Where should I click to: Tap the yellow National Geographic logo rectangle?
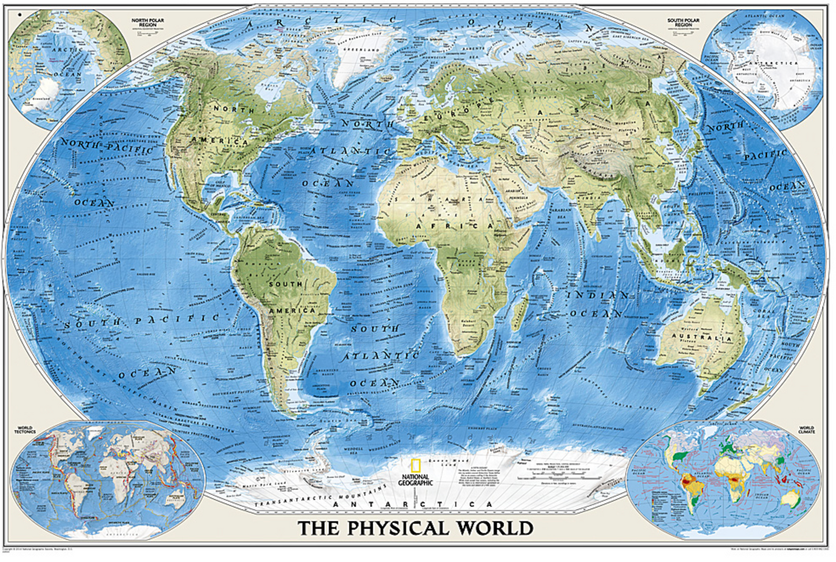(414, 467)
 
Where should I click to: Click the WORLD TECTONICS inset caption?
(25, 430)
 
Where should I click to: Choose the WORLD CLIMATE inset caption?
(806, 430)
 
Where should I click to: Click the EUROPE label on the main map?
(461, 109)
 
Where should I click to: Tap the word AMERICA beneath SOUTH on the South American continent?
(292, 311)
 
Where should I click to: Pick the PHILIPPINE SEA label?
(709, 194)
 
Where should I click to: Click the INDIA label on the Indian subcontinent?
(590, 199)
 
